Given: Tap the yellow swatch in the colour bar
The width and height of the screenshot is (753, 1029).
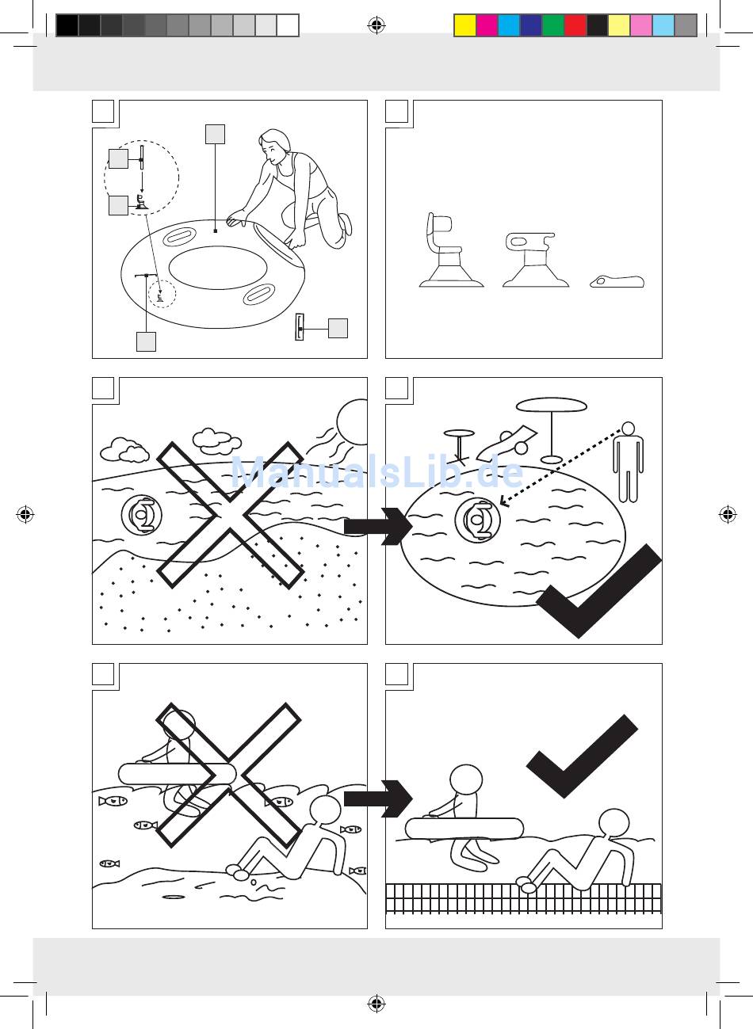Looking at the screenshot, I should click(x=464, y=26).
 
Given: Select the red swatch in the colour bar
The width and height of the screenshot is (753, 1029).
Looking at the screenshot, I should click(x=575, y=26).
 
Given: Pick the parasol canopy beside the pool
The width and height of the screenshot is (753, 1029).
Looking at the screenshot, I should click(x=552, y=405).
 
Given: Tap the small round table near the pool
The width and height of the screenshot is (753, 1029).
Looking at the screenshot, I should click(x=458, y=434).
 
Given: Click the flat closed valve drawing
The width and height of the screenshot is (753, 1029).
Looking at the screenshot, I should click(x=618, y=281).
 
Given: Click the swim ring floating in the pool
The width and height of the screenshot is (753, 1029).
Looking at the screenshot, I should click(x=478, y=520).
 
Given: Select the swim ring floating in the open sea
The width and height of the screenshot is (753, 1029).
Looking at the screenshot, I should click(x=142, y=516).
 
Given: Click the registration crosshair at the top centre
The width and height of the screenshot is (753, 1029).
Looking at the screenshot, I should click(x=376, y=26).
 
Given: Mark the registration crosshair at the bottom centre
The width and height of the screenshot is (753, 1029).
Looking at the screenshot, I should click(x=376, y=1004).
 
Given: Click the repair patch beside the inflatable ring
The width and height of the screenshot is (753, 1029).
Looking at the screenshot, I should click(x=299, y=327).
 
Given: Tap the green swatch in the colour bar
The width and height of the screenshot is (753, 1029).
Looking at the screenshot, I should click(x=553, y=26).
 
